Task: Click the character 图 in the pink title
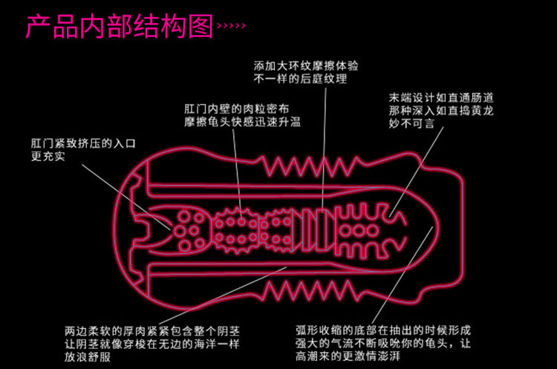point(201,26)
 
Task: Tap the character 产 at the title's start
point(39,26)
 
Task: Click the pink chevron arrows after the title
point(231,25)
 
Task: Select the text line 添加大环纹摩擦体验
point(306,65)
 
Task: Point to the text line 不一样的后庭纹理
point(300,79)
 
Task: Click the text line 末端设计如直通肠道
point(441,98)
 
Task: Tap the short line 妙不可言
point(411,123)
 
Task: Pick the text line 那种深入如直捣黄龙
point(441,111)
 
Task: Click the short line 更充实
point(48,156)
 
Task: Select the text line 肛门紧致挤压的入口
point(83,143)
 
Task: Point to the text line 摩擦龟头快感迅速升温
point(242,122)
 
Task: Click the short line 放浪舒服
point(88,356)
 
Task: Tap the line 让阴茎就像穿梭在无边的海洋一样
point(152,344)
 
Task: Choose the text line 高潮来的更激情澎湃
point(348,356)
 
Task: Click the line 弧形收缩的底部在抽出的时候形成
point(383,330)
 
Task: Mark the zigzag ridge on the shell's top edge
point(308,166)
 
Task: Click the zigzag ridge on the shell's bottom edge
point(308,291)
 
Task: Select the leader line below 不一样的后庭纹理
point(324,148)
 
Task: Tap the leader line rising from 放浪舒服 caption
point(222,295)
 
